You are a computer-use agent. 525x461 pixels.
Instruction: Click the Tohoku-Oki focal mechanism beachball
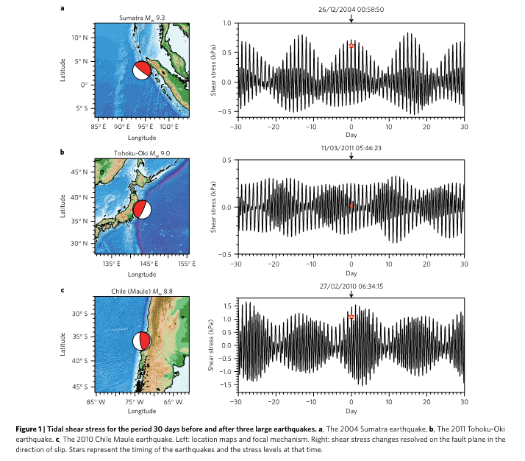[x=143, y=209]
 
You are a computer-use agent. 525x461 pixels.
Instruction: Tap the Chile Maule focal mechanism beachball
[x=141, y=342]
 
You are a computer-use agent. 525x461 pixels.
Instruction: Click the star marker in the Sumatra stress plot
[x=351, y=46]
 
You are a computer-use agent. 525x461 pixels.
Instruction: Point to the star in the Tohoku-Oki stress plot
[x=351, y=205]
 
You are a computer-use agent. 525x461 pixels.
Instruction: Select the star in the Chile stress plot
[x=351, y=317]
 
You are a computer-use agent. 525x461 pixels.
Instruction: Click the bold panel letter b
[x=63, y=152]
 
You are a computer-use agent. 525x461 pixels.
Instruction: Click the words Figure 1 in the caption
[x=76, y=428]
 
